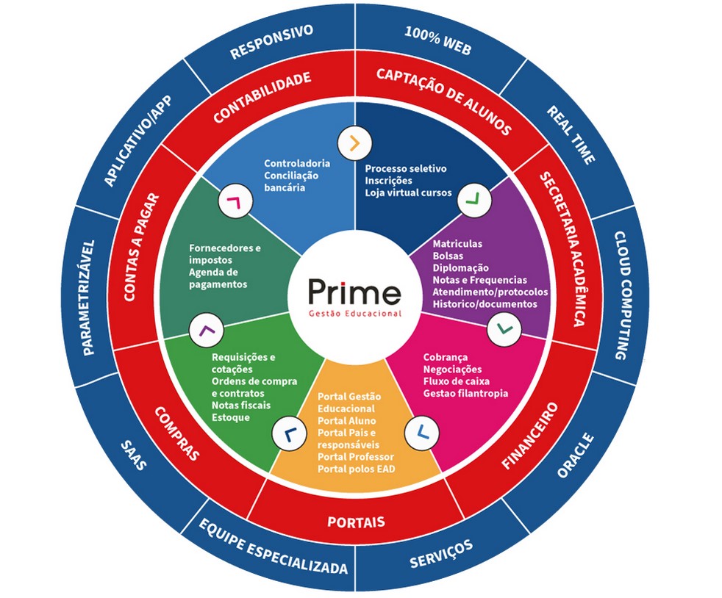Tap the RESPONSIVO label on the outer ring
271,43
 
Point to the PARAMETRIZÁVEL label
89,297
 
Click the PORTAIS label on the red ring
356,522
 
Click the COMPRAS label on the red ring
176,433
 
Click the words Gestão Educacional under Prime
355,313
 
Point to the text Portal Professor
355,457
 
